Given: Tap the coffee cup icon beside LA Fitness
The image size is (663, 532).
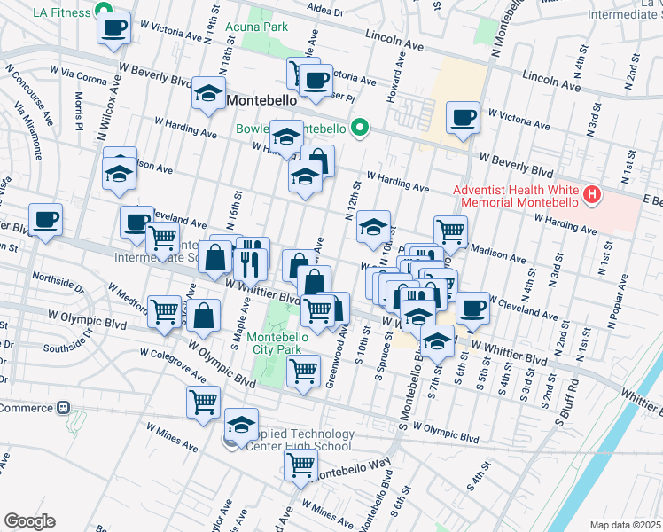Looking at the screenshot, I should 113,30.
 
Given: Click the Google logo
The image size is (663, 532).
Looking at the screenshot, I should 28,521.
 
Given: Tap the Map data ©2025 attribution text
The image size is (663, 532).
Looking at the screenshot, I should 625,525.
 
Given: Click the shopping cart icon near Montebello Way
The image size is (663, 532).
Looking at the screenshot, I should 302,463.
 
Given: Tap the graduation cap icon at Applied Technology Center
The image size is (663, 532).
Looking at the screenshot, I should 241,425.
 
